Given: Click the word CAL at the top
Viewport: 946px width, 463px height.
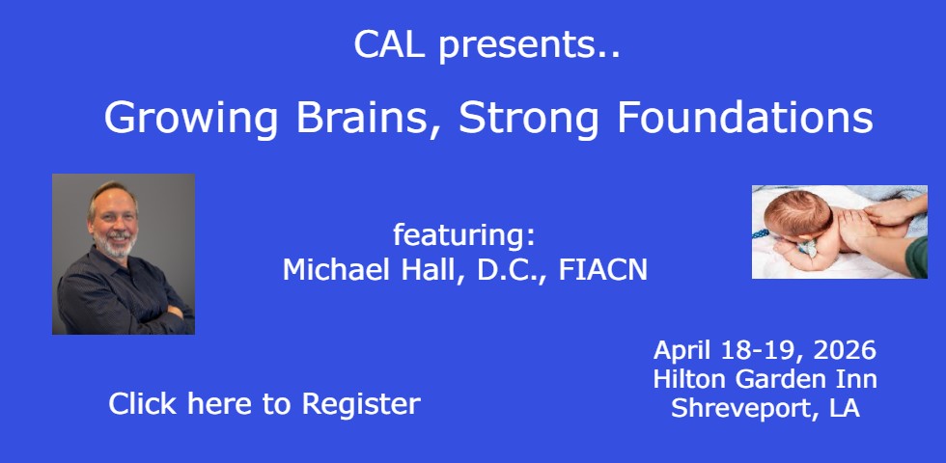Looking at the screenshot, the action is [x=389, y=44].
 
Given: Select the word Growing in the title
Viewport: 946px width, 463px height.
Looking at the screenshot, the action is [x=191, y=119].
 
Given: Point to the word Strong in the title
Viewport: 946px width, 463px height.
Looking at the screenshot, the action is [x=529, y=119].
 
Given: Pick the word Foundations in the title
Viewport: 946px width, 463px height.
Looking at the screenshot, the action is [x=744, y=117].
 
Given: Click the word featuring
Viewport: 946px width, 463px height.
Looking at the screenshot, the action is [x=464, y=233].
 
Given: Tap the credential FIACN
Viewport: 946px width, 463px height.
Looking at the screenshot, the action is [x=602, y=270].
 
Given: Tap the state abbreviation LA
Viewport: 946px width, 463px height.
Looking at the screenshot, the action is [x=844, y=408].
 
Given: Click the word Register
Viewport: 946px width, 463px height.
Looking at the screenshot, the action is [x=361, y=404].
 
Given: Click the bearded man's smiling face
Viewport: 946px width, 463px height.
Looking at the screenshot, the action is [x=114, y=221].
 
